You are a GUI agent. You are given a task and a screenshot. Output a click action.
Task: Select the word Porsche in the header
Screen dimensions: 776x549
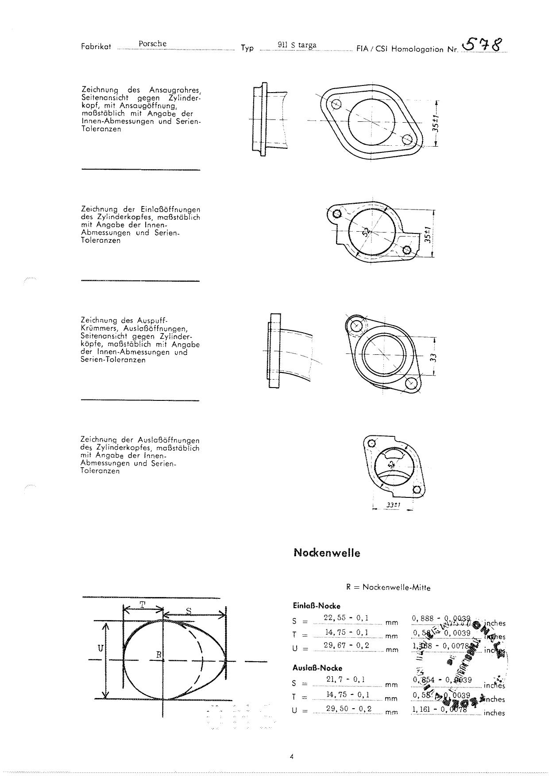click(152, 44)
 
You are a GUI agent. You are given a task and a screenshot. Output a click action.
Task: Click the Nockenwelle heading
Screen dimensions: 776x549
click(327, 553)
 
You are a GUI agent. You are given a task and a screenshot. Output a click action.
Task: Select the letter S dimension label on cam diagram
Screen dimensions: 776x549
click(189, 611)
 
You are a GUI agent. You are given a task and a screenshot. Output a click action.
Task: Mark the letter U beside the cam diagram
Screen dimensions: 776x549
click(101, 648)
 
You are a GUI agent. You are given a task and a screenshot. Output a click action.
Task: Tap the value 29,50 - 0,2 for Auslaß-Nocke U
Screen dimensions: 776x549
click(348, 709)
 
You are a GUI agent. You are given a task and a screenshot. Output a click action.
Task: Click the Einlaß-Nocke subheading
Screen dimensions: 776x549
click(317, 605)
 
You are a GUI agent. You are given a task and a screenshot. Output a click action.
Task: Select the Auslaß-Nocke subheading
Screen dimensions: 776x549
click(317, 668)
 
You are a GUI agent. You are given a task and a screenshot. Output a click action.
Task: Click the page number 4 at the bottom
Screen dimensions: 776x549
click(291, 757)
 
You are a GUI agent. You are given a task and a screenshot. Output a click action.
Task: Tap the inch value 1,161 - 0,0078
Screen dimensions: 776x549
click(439, 710)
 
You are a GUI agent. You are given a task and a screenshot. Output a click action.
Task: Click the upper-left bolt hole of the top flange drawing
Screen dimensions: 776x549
click(336, 105)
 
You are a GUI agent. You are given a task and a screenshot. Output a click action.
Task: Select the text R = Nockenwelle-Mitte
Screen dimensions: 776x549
click(388, 587)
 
